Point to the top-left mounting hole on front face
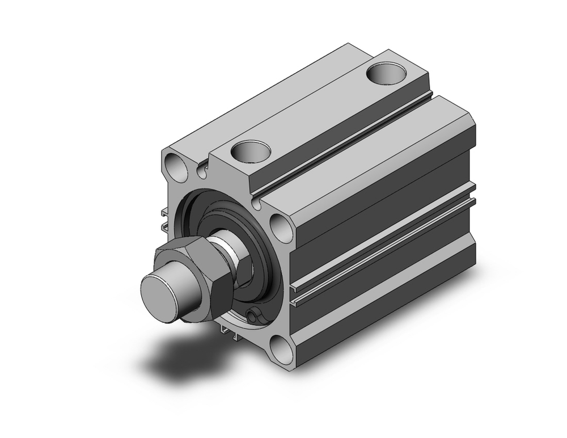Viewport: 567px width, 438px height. pyautogui.click(x=176, y=165)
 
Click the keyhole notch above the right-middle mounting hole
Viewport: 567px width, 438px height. pyautogui.click(x=258, y=201)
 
